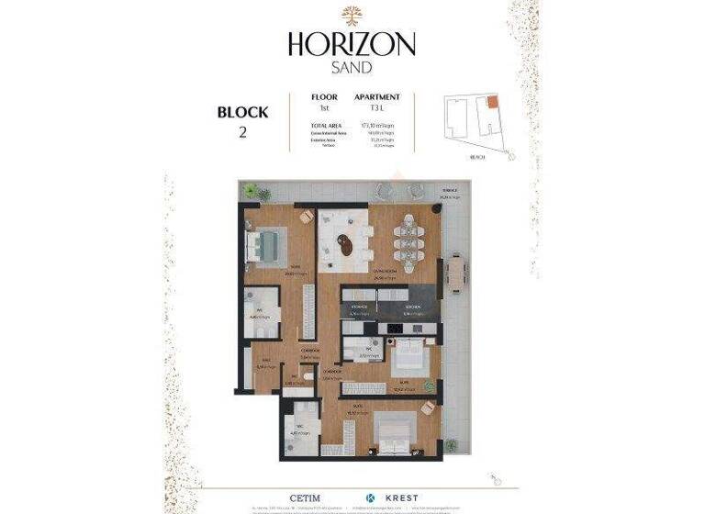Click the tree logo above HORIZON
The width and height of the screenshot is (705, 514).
point(352,15)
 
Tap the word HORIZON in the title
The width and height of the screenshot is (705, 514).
point(352,43)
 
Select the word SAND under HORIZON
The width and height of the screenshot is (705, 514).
point(352,68)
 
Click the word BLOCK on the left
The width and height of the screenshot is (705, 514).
point(242,113)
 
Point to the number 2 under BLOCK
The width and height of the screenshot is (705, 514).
point(242,132)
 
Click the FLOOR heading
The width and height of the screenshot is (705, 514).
point(324,96)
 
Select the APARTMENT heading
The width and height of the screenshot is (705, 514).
point(377,96)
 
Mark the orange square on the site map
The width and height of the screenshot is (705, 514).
point(492,101)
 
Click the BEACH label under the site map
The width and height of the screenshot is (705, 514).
point(477,157)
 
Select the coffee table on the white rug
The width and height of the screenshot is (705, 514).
point(345,245)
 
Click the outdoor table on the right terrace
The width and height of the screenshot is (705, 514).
point(456,271)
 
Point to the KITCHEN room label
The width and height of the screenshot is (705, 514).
point(414,307)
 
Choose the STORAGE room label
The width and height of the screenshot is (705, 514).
point(359,307)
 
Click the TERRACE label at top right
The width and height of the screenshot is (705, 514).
point(449,192)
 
